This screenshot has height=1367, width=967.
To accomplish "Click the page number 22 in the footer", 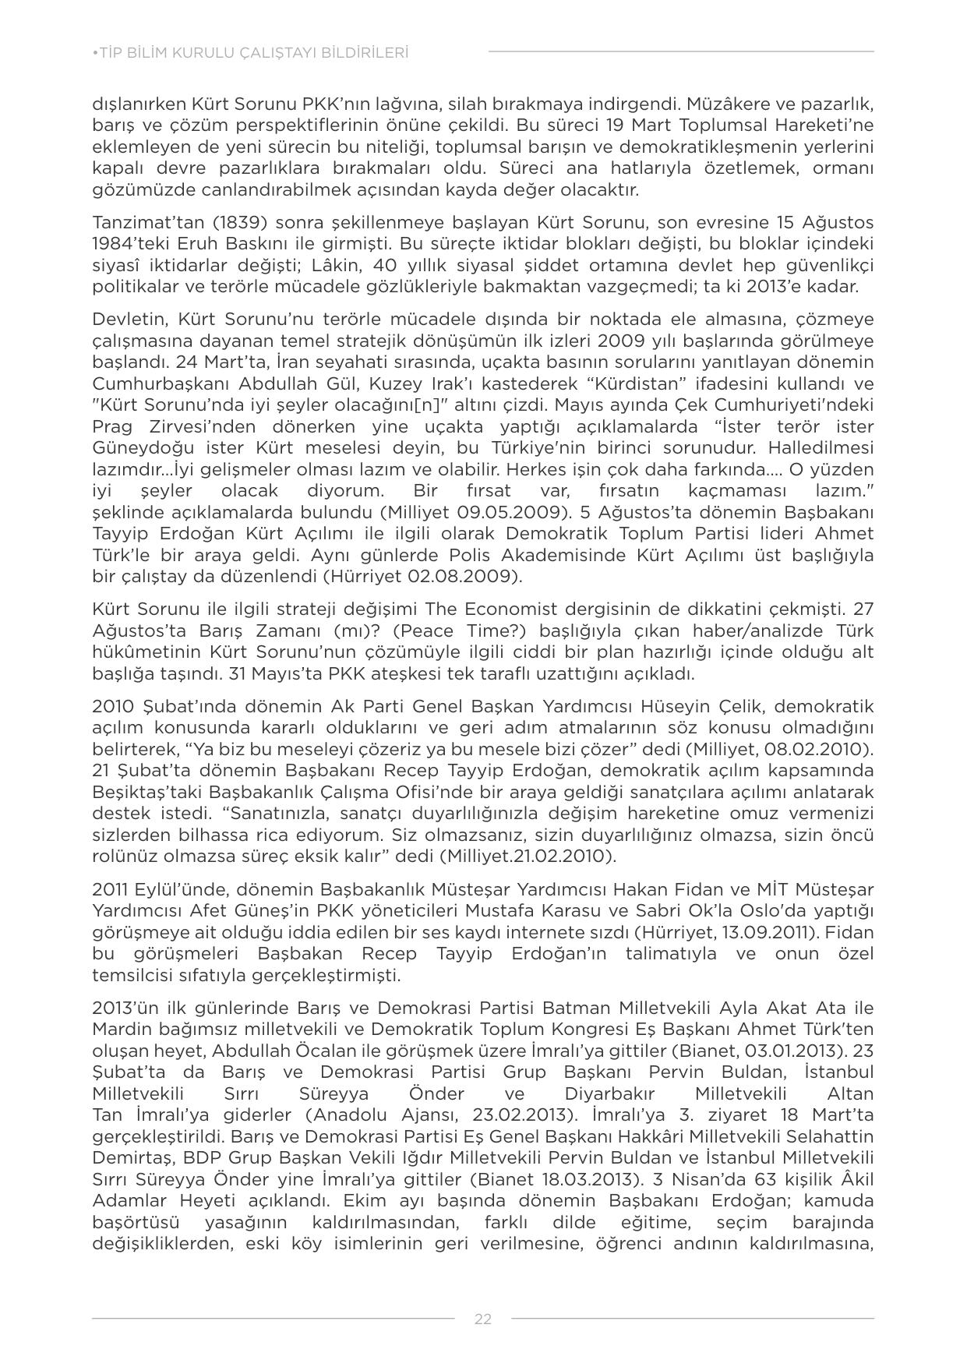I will (x=482, y=1319).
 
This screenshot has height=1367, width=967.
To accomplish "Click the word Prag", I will (x=110, y=426).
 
